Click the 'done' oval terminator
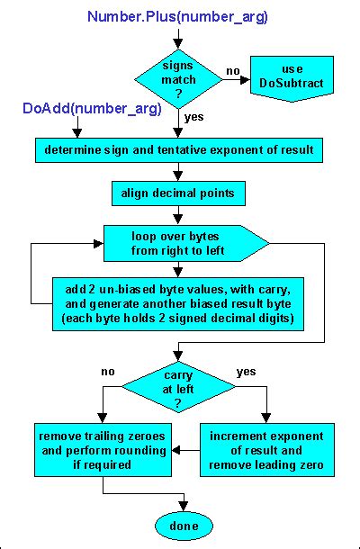(x=184, y=526)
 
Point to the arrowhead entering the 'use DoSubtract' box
(x=247, y=78)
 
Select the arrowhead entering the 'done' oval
(x=184, y=508)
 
